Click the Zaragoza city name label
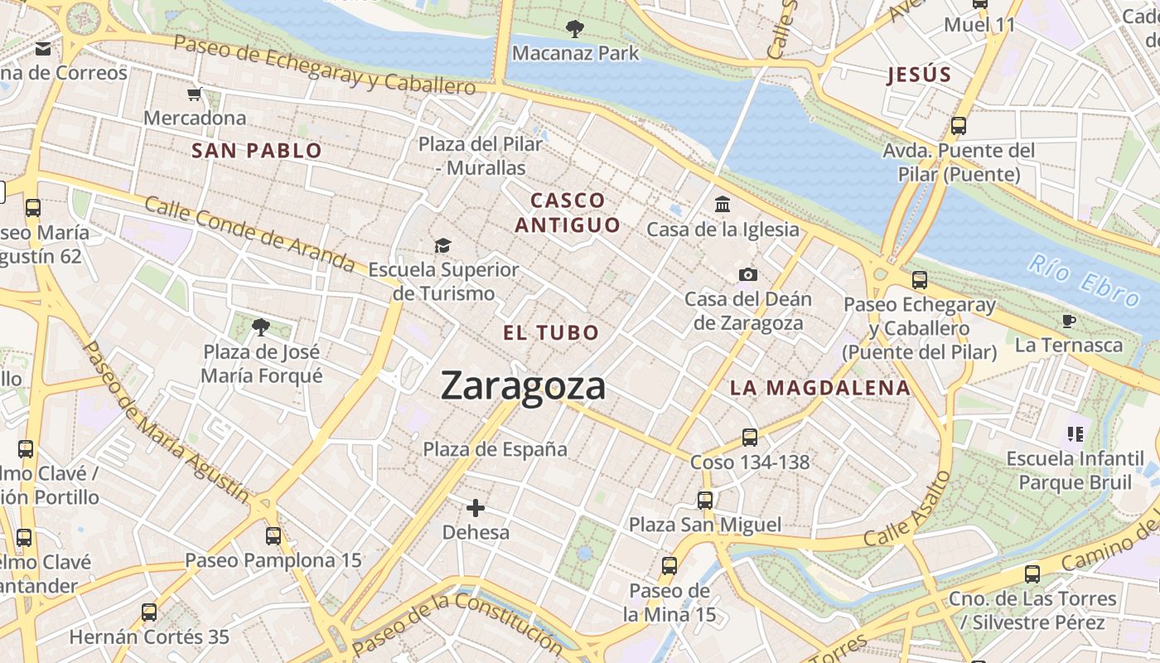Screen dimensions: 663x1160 pos(523,386)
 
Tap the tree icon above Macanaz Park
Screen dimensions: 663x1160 pos(574,30)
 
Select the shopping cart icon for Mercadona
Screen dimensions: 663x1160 pos(195,94)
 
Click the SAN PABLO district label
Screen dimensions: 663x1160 pos(256,151)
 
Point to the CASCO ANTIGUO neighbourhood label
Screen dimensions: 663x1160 pos(568,213)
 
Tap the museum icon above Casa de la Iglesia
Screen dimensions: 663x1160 pos(722,204)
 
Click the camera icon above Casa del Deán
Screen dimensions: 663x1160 pos(747,274)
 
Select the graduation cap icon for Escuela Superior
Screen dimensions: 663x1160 pos(442,245)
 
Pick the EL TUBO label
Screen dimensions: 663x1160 pos(551,333)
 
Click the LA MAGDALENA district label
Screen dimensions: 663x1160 pos(819,388)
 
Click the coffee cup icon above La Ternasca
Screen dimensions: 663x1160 pos(1069,321)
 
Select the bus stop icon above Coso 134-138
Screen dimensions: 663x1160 pos(749,437)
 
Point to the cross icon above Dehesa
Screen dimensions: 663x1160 pos(475,507)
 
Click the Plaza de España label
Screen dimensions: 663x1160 pos(495,449)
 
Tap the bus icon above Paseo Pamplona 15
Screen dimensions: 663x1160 pos(273,536)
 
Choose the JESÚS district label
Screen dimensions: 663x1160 pos(919,75)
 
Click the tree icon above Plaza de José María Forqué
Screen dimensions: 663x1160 pos(261,327)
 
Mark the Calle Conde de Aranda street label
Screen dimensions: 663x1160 pos(249,234)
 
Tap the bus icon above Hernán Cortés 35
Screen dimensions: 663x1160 pos(149,612)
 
